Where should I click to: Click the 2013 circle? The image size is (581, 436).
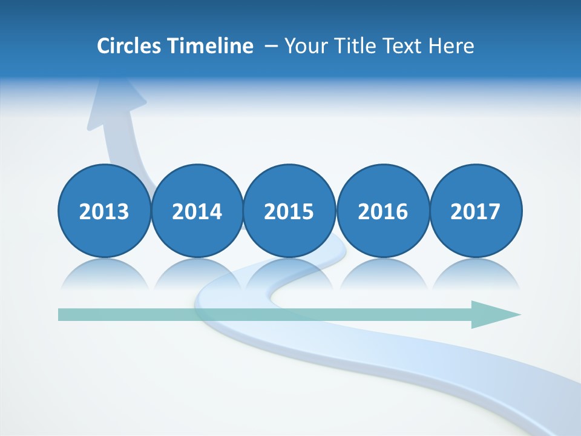click(x=104, y=211)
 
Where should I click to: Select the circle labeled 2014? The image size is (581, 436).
click(x=197, y=211)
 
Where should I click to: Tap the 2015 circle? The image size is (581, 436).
click(x=289, y=211)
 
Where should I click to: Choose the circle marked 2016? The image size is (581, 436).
click(x=382, y=211)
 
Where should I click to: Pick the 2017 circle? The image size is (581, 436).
click(x=475, y=211)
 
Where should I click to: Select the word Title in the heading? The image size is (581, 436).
click(x=354, y=46)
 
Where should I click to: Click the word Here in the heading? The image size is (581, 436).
click(x=451, y=46)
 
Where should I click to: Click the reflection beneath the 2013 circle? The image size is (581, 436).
click(x=104, y=274)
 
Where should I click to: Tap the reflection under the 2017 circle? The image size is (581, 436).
click(x=475, y=274)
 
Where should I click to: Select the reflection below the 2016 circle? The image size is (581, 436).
click(x=382, y=274)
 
